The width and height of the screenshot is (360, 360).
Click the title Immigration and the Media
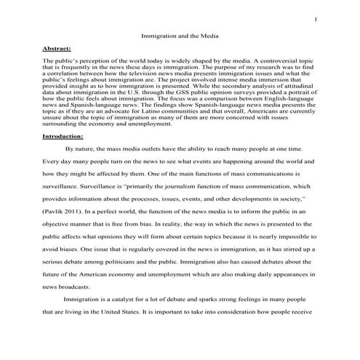pyautogui.click(x=180, y=34)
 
